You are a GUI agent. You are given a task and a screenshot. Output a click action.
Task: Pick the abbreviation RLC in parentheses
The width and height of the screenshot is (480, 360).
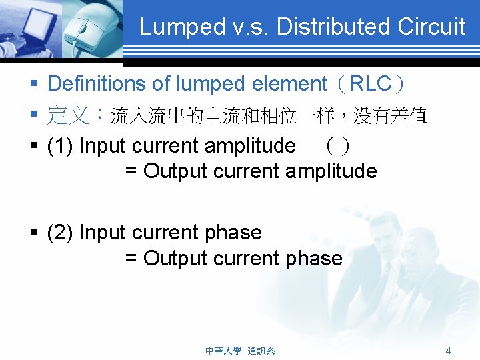click(371, 84)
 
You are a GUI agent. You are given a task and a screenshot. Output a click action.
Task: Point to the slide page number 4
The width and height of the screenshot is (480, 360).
click(449, 350)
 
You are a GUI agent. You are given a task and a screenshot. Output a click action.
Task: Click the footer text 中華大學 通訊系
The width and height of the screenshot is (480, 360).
click(240, 350)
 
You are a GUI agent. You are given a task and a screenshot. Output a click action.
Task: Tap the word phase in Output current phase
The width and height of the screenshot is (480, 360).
click(313, 258)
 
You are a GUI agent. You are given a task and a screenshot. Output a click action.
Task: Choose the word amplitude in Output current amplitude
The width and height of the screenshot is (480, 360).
click(331, 171)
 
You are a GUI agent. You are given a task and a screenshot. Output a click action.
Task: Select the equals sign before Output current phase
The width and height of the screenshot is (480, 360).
click(131, 258)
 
